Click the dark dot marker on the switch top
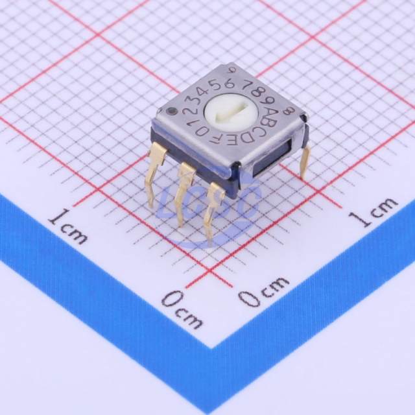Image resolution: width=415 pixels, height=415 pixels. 172,111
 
